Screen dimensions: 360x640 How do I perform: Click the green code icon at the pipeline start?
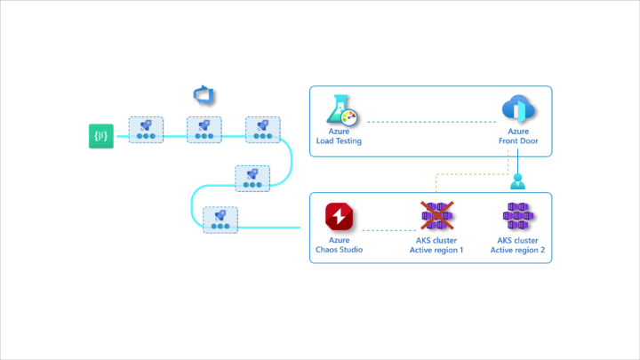coord(101,136)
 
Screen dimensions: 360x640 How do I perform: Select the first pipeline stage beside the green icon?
coord(145,130)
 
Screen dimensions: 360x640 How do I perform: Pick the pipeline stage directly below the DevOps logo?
coord(204,130)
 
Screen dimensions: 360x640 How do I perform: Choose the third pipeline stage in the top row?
coord(263,130)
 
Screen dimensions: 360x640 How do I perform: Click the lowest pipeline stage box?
coord(220,220)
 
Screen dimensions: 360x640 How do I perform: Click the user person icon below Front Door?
coord(518,182)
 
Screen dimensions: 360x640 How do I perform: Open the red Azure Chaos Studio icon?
coord(339,217)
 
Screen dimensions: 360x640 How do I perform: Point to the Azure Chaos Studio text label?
coord(339,245)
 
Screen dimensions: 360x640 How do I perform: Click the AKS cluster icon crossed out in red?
coord(436,217)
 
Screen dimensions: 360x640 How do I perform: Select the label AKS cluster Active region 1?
coord(436,245)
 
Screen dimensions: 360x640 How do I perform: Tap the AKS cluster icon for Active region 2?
coord(518,217)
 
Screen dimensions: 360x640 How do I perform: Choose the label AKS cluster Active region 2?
coord(518,245)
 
